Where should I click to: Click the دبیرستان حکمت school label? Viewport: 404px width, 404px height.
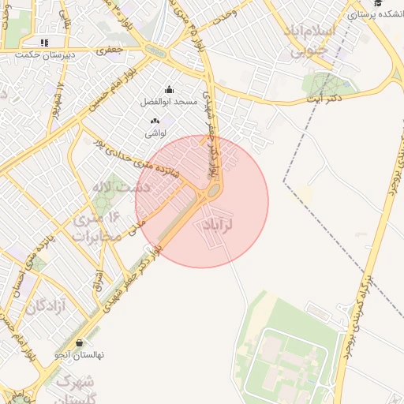coord(49,55)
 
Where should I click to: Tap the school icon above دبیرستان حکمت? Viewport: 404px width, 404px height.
coord(44,43)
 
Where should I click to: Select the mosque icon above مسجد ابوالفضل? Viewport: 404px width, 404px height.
coord(168,90)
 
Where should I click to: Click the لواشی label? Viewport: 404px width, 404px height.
coord(155,133)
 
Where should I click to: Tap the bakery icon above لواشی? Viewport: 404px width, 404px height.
coord(155,121)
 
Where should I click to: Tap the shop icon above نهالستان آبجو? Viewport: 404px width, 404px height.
coord(80,343)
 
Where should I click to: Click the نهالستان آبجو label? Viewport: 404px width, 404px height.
coord(79,356)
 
